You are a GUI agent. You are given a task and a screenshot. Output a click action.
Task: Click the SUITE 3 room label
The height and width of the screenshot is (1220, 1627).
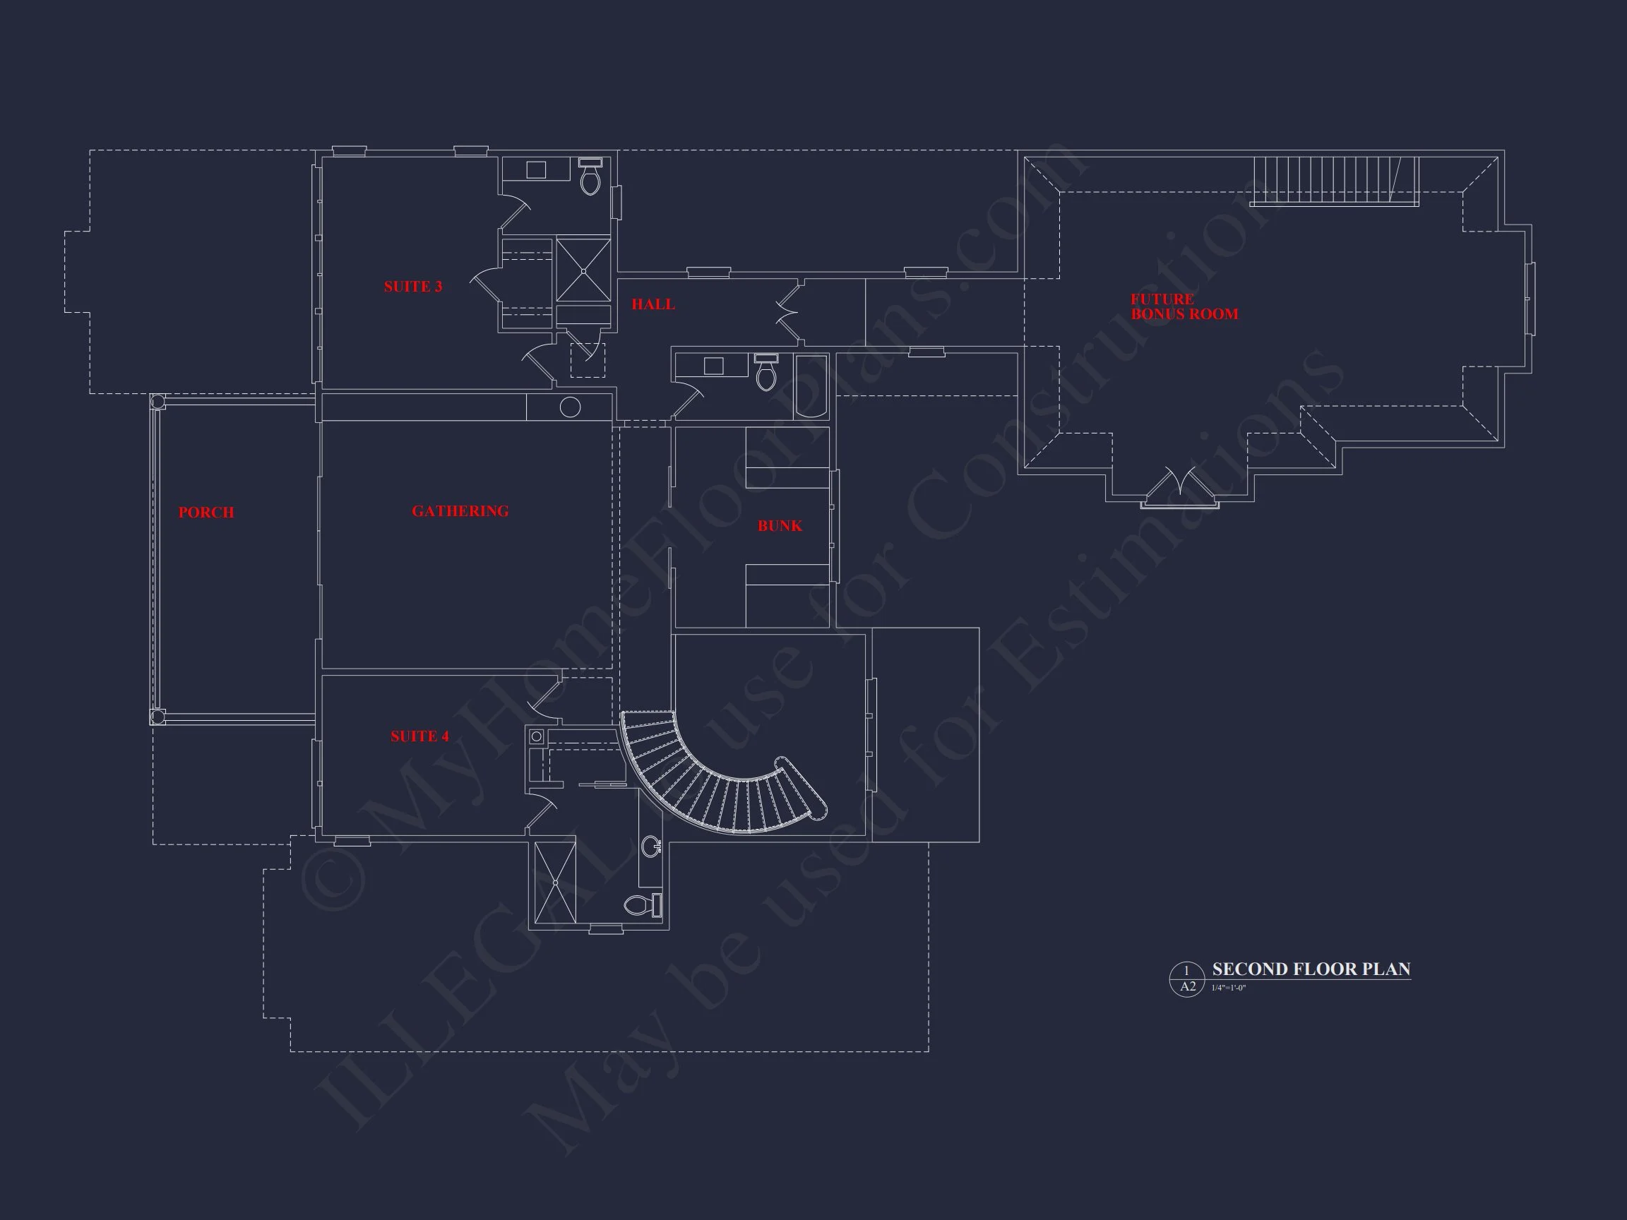(x=412, y=287)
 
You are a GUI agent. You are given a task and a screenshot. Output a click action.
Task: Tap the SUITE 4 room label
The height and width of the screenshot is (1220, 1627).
(x=419, y=736)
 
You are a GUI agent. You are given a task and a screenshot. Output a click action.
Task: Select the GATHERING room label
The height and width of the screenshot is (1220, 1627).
(x=460, y=511)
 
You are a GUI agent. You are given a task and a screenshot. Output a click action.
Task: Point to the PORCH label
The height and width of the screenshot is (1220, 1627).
(x=206, y=513)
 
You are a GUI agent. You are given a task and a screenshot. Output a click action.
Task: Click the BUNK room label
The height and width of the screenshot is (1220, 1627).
(x=780, y=526)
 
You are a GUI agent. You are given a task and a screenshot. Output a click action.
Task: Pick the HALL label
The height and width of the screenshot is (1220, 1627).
(x=652, y=304)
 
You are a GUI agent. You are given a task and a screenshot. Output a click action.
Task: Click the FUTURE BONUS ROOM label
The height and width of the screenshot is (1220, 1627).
(x=1184, y=306)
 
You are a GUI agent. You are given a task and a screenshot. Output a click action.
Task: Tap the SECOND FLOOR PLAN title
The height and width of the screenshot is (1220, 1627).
(x=1311, y=969)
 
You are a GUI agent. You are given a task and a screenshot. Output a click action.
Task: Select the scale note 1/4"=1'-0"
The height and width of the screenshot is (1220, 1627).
(x=1228, y=988)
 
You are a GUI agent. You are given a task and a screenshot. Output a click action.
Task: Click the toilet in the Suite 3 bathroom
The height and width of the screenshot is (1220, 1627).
(x=590, y=177)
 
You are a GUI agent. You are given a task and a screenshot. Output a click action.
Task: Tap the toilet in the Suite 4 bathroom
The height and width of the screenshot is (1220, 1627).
(x=640, y=905)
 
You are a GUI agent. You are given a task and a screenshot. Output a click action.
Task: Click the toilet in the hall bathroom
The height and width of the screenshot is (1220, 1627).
(x=765, y=373)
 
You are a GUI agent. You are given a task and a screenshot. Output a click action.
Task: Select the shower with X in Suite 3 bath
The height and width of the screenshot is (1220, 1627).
(x=583, y=270)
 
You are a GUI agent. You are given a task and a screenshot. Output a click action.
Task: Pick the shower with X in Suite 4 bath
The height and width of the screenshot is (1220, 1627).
(x=555, y=883)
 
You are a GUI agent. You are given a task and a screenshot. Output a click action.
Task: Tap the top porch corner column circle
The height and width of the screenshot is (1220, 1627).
(x=157, y=402)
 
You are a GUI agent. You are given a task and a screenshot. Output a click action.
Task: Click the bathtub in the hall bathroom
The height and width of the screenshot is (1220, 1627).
(x=811, y=387)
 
